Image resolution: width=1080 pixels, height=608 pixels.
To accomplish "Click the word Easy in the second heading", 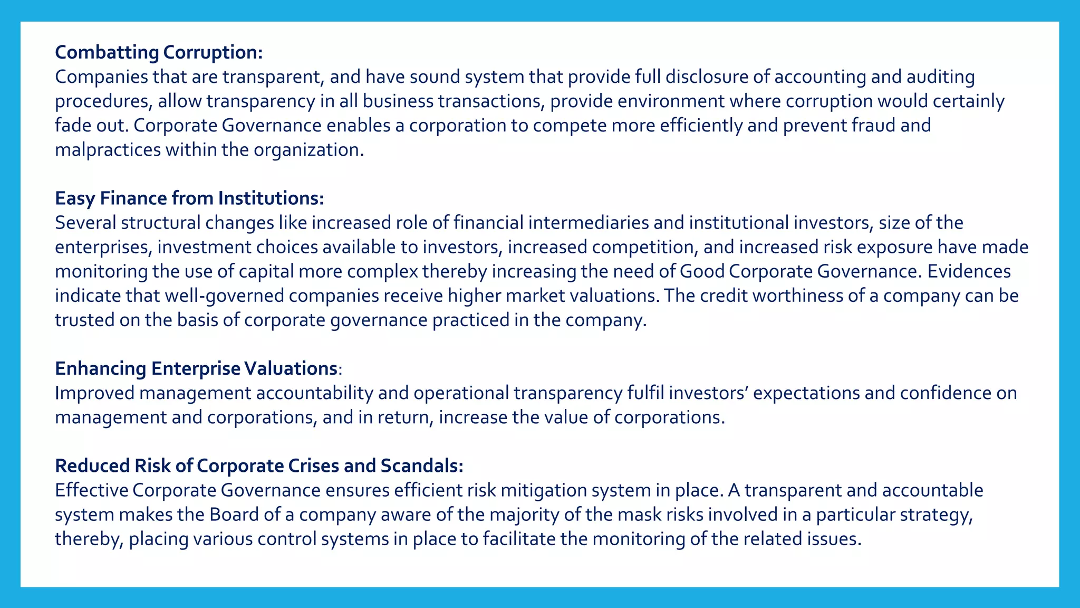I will tap(74, 198).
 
